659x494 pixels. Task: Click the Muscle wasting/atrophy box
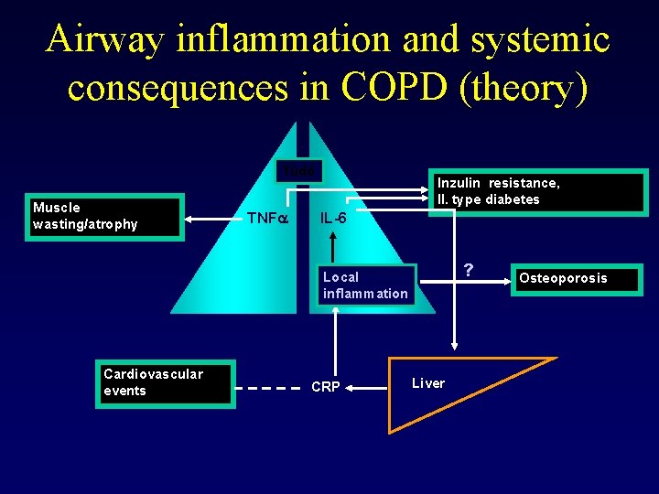106,217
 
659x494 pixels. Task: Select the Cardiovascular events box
165,382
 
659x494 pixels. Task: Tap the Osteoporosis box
576,278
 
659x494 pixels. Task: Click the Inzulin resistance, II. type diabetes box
537,192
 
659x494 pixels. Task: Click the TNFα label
268,218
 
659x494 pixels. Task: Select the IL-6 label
332,219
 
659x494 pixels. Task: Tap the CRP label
326,387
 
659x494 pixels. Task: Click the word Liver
428,383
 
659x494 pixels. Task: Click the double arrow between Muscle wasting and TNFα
211,218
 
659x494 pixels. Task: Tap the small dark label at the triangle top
298,171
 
